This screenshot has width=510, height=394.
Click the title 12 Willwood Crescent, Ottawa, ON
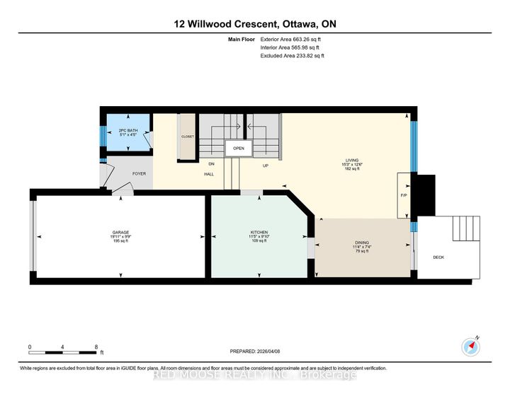point(255,23)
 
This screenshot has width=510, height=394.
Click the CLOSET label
point(188,137)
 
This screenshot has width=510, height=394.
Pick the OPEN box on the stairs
point(239,149)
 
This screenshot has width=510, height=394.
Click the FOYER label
point(139,173)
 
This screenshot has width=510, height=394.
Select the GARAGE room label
point(120,232)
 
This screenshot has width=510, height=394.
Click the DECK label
point(438,257)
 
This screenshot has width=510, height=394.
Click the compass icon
point(473,347)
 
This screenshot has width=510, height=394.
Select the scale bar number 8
point(96,347)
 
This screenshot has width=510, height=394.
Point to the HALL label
point(210,173)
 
